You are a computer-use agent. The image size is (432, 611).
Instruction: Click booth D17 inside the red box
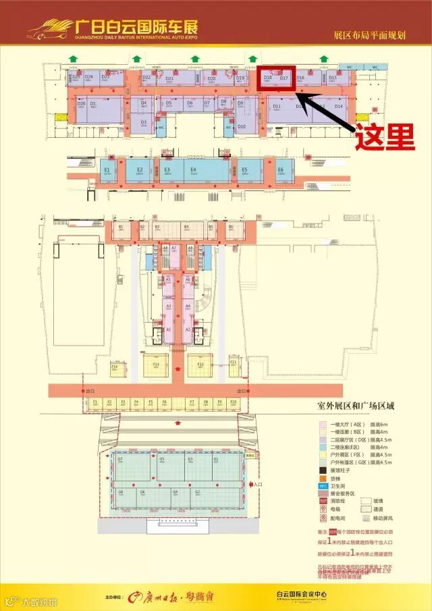coord(284,79)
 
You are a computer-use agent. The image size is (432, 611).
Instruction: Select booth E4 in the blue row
coord(193,171)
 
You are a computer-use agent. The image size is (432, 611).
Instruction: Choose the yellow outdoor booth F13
coord(156,367)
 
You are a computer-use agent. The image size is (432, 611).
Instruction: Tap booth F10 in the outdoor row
coord(233,404)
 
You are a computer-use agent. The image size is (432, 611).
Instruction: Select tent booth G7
coord(120,461)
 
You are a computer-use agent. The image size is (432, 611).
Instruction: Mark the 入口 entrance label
coord(260,483)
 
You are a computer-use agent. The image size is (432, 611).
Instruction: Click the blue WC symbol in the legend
coord(323,485)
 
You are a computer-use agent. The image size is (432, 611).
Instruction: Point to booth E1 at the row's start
coord(107,171)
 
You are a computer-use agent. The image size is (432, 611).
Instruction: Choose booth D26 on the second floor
coord(81,104)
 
